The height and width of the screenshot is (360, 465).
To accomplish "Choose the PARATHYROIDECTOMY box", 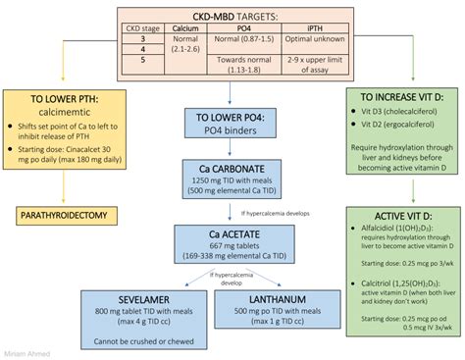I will point(61,213).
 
